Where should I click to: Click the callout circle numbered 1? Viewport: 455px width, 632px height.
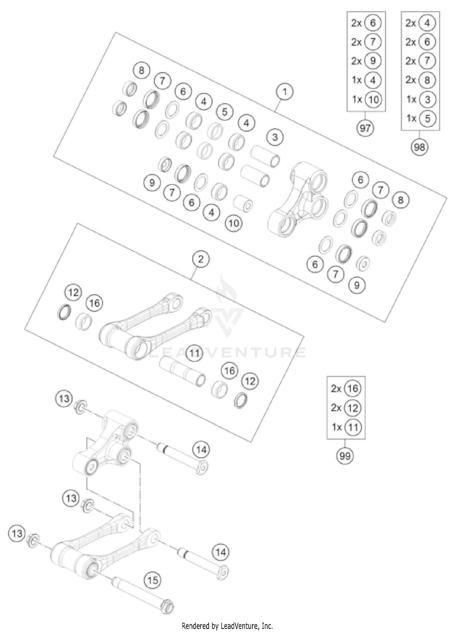pyautogui.click(x=285, y=91)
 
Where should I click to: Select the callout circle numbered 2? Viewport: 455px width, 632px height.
pyautogui.click(x=201, y=259)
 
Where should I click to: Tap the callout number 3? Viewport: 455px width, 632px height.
pyautogui.click(x=275, y=137)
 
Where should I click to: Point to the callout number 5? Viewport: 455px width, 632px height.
pyautogui.click(x=224, y=112)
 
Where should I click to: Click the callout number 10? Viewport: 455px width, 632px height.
pyautogui.click(x=234, y=223)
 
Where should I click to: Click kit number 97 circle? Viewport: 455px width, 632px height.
pyautogui.click(x=365, y=128)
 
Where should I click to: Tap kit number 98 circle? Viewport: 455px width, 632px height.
pyautogui.click(x=420, y=147)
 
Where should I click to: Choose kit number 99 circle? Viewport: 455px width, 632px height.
pyautogui.click(x=345, y=456)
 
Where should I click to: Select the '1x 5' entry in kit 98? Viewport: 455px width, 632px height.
pyautogui.click(x=420, y=118)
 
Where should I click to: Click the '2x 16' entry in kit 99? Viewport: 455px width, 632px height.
pyautogui.click(x=346, y=389)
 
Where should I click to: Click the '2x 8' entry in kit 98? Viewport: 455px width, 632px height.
pyautogui.click(x=420, y=80)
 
